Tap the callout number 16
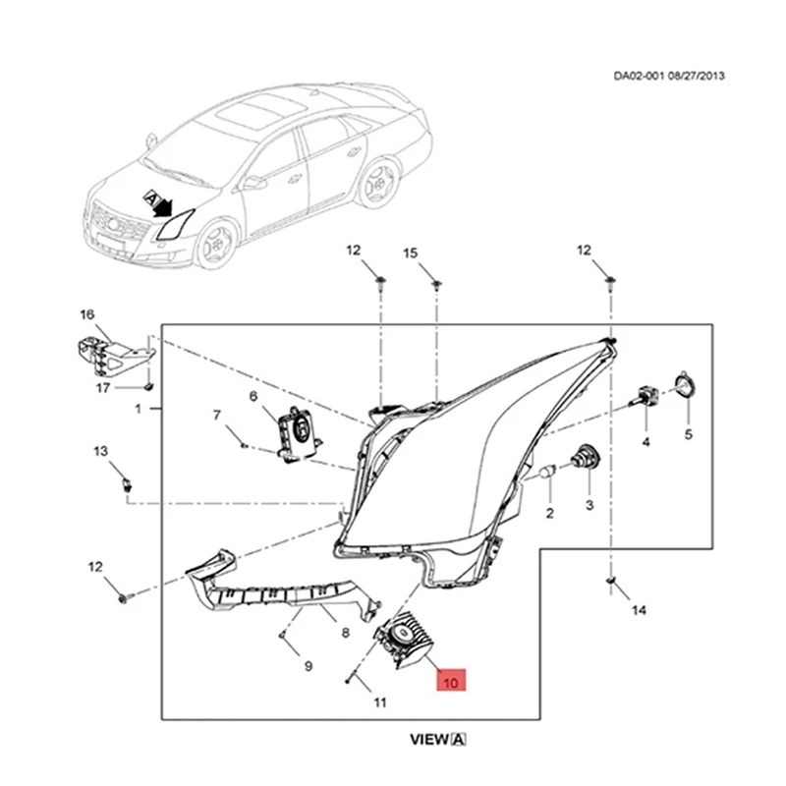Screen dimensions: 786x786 pos(86,314)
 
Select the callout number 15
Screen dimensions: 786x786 pos(411,253)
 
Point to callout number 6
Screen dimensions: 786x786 pos(253,396)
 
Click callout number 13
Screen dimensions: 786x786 pos(100,451)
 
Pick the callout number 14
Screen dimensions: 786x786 pos(639,610)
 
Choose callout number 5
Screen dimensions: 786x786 pos(688,433)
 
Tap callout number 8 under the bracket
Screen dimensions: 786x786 pos(345,634)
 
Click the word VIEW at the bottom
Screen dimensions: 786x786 pos(430,739)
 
